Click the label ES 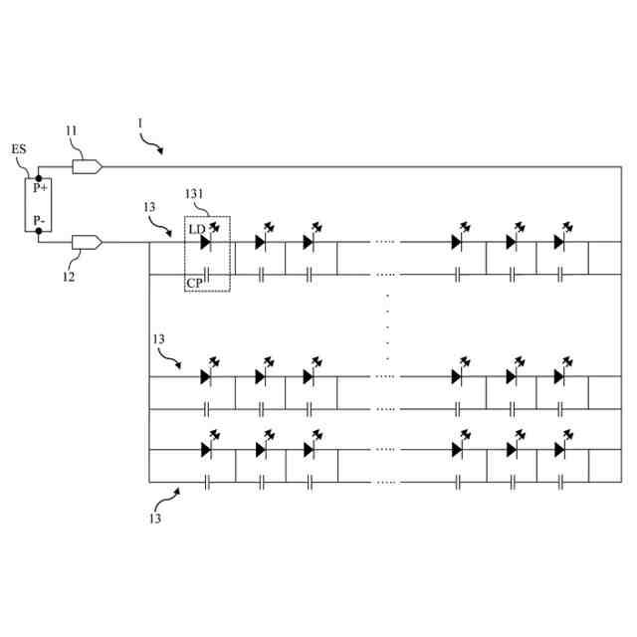(19, 149)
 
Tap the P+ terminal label (39, 187)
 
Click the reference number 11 (71, 130)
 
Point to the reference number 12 (68, 278)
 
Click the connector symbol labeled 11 (87, 166)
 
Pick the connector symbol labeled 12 (87, 242)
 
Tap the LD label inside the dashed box (196, 230)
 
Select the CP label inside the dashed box (196, 283)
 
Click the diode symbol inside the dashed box (207, 242)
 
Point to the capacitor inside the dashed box (207, 273)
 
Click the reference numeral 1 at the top (140, 124)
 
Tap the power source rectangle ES (38, 204)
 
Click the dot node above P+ (38, 176)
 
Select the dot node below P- (38, 232)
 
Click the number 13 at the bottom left (156, 518)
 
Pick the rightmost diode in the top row (559, 242)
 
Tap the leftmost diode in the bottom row (207, 449)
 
